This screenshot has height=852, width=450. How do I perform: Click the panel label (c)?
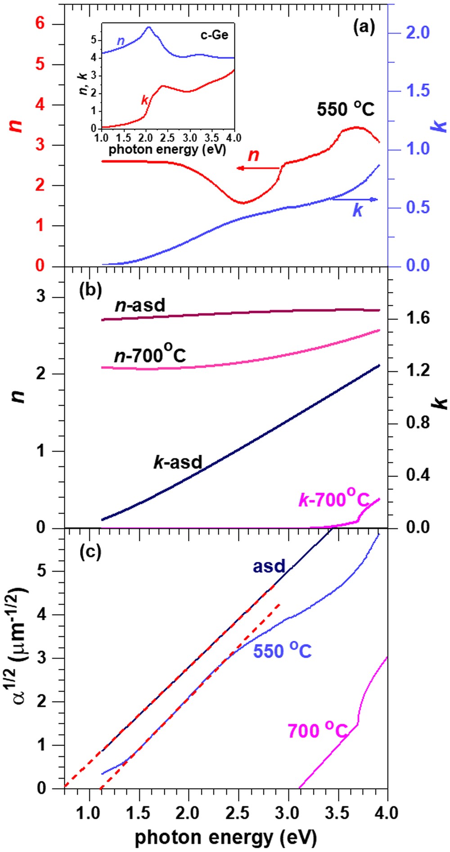[90, 552]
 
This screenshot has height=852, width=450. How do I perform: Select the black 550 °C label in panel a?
[345, 109]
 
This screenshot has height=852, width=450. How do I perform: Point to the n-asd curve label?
[140, 306]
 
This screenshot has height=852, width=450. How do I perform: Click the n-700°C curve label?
[149, 356]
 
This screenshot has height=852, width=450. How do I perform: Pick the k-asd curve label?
[178, 462]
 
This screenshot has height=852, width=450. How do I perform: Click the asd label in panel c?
[269, 566]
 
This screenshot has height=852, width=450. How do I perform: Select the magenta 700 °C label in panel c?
[318, 731]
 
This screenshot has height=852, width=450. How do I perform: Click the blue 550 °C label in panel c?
[282, 651]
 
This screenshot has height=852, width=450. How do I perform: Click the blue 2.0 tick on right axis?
[418, 33]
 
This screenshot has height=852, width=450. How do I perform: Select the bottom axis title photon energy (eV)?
[225, 837]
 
